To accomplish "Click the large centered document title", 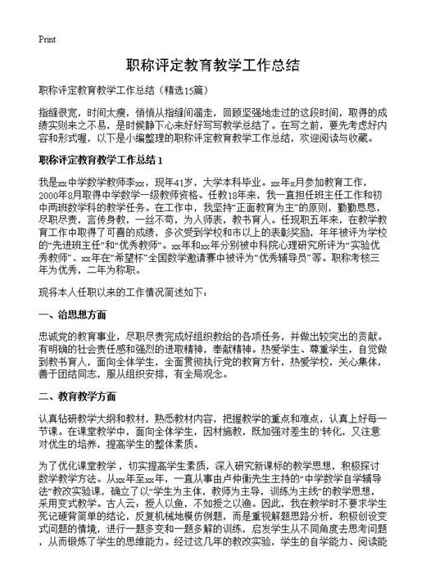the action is click(213, 65).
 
